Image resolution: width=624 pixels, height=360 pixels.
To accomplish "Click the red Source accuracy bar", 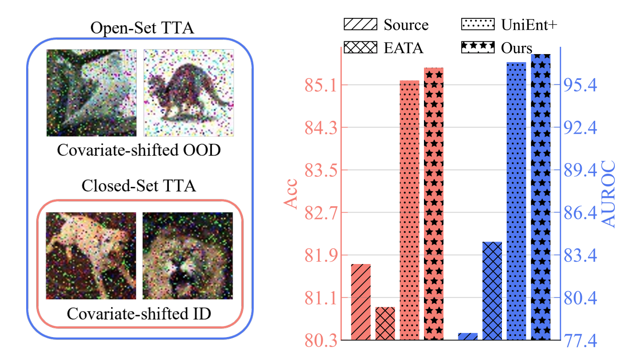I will (361, 302).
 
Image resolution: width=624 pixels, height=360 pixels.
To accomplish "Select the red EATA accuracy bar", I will (385, 323).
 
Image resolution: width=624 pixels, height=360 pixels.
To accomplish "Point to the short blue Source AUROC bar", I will (468, 336).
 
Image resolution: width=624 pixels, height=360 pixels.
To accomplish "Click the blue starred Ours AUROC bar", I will (540, 197).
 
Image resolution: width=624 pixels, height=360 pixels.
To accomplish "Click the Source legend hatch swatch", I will (360, 24).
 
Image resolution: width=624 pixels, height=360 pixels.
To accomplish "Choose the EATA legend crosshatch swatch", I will (360, 47).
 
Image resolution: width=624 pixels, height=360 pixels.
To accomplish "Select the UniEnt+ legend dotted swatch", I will (478, 24).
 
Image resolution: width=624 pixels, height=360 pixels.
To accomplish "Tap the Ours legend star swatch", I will (478, 47).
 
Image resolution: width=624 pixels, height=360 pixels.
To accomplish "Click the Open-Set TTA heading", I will (142, 28).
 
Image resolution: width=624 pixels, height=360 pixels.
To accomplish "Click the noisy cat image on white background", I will (189, 93).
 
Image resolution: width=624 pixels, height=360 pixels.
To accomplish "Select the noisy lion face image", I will (188, 256).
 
